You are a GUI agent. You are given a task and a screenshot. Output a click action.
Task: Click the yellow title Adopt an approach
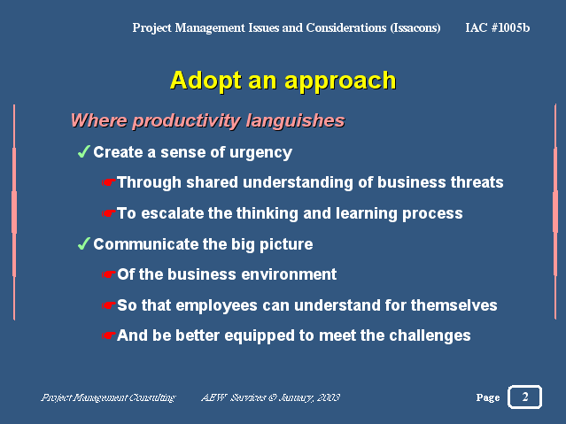(x=283, y=81)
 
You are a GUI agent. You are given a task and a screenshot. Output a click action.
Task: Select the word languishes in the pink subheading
(x=295, y=121)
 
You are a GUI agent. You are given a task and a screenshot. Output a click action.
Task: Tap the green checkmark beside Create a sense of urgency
(x=84, y=151)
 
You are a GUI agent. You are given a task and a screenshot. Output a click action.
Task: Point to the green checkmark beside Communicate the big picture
(x=84, y=243)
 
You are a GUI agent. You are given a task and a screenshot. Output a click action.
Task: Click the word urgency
(x=260, y=153)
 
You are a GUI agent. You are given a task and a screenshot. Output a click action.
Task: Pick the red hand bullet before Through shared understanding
(x=108, y=182)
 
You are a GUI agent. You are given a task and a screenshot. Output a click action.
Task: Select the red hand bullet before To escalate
(x=108, y=213)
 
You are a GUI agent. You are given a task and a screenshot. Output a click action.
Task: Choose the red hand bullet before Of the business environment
(x=108, y=274)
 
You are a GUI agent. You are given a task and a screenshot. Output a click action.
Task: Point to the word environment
(x=289, y=274)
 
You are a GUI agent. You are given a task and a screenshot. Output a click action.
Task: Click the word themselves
(x=454, y=305)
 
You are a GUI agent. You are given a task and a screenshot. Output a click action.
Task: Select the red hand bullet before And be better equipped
(x=108, y=335)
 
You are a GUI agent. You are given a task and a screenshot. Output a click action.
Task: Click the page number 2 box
(x=525, y=397)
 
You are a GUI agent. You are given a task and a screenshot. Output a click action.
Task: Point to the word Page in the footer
(x=488, y=397)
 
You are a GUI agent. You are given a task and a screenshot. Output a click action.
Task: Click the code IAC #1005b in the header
(x=498, y=27)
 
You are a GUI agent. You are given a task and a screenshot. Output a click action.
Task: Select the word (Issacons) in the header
(x=415, y=27)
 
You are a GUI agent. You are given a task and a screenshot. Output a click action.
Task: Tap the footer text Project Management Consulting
(x=108, y=397)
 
